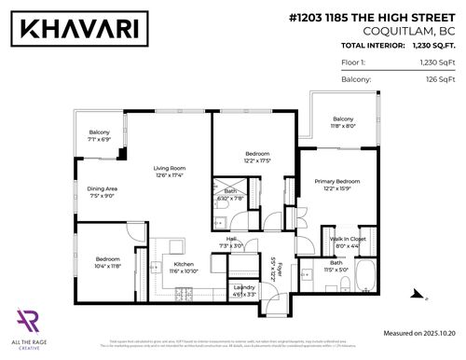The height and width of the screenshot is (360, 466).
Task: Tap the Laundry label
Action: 245,287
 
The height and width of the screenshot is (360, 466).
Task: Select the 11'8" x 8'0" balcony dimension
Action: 343,127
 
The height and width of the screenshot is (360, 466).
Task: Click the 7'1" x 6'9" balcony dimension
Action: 100,140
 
